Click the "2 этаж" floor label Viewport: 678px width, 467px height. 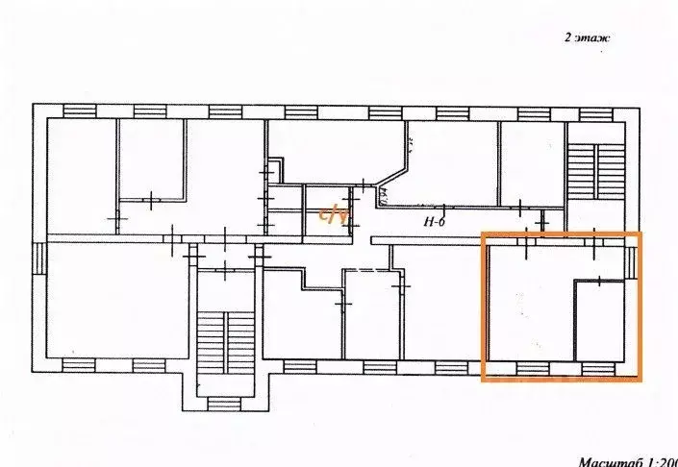[587, 38]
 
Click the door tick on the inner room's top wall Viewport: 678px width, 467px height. [598, 281]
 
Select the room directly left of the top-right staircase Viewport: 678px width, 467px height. [531, 163]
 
